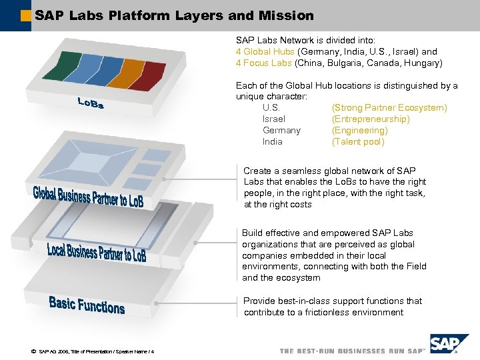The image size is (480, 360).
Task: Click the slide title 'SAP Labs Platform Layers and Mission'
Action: [174, 15]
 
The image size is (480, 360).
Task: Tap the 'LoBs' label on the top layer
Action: [91, 103]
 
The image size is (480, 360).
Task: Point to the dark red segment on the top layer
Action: [147, 75]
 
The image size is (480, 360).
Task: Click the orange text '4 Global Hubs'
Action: [265, 51]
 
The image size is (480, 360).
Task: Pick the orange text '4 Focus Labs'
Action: [263, 63]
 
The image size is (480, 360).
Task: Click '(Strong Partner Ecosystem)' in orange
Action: [389, 107]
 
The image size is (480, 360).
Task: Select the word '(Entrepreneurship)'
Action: [370, 119]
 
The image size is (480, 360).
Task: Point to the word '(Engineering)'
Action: [359, 130]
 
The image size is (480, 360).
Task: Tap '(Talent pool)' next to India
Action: [358, 141]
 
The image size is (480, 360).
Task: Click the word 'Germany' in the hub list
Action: [281, 130]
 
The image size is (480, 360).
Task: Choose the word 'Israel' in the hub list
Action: [274, 119]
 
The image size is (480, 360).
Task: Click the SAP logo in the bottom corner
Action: [449, 345]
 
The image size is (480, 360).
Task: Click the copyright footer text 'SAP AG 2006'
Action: [57, 351]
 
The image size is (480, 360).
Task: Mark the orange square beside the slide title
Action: [26, 15]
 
